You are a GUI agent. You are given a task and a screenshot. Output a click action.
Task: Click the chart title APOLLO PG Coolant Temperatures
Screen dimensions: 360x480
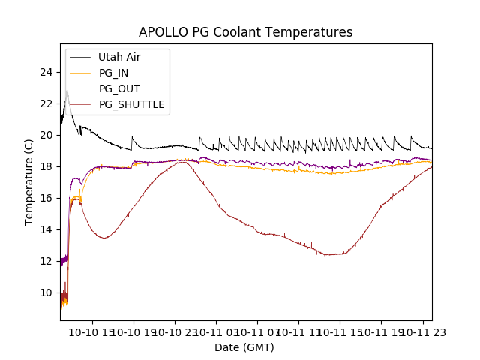click(x=245, y=32)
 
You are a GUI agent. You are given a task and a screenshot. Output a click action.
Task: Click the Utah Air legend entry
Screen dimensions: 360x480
click(x=119, y=57)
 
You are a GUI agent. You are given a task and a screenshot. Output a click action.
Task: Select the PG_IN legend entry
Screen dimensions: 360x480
click(x=113, y=73)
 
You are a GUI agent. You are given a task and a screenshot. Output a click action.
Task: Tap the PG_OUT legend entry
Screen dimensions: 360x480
click(x=119, y=88)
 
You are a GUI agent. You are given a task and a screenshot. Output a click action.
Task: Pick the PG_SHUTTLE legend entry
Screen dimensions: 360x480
click(x=131, y=104)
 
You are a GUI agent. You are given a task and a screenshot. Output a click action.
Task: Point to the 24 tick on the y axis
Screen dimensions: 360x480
click(x=46, y=72)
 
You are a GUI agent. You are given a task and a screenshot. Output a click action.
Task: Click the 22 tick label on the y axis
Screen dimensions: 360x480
click(x=46, y=103)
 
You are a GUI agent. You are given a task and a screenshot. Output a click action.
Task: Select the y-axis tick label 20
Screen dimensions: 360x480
click(x=46, y=135)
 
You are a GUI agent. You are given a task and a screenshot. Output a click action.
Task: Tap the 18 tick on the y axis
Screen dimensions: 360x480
click(x=46, y=166)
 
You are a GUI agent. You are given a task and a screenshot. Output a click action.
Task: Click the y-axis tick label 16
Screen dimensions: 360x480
click(x=46, y=198)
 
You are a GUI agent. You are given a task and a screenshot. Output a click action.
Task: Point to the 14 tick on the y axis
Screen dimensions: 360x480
click(x=46, y=229)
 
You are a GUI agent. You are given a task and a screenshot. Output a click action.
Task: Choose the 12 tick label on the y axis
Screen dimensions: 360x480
click(x=46, y=261)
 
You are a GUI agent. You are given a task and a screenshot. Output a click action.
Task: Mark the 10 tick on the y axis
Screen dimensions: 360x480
click(x=46, y=292)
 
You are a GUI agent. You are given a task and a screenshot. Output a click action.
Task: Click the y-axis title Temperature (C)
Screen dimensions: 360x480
click(x=29, y=181)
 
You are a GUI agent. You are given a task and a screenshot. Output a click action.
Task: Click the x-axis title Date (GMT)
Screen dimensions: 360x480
click(x=244, y=347)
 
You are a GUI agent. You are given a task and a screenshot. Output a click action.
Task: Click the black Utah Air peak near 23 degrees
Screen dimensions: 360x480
click(x=67, y=91)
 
